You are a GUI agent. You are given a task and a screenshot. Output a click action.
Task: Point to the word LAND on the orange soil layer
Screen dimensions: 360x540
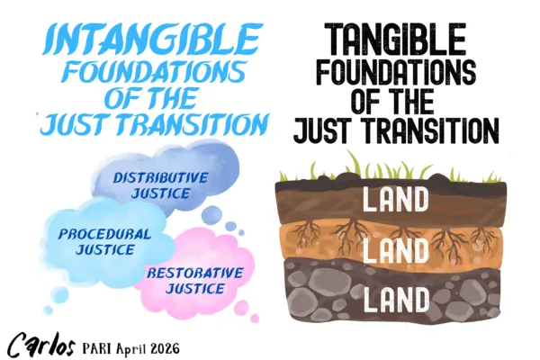pyautogui.click(x=389, y=246)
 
